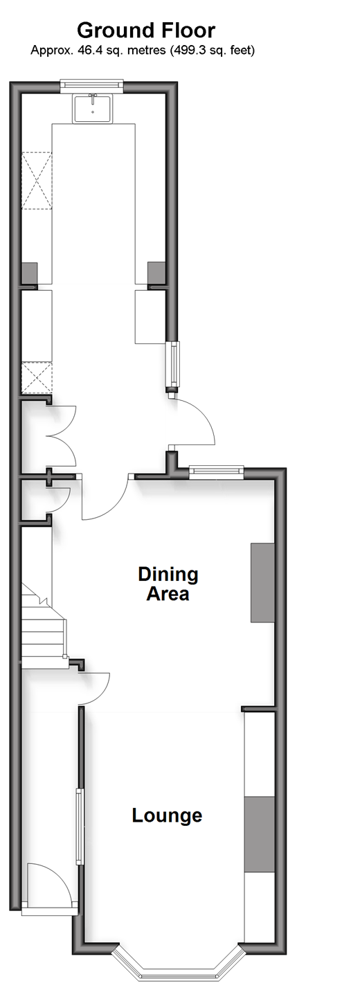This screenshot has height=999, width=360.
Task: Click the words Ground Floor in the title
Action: pyautogui.click(x=146, y=30)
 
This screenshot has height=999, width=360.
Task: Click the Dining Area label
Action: pyautogui.click(x=168, y=584)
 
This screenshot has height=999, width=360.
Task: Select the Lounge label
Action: pyautogui.click(x=167, y=816)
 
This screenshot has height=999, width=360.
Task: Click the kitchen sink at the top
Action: pyautogui.click(x=92, y=108)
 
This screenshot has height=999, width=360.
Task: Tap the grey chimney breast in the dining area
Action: pyautogui.click(x=262, y=582)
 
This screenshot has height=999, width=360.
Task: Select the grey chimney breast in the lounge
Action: pyautogui.click(x=259, y=834)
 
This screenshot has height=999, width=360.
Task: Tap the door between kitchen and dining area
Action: pyautogui.click(x=105, y=497)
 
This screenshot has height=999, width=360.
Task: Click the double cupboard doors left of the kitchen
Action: pyautogui.click(x=62, y=435)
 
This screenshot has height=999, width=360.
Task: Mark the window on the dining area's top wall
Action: pyautogui.click(x=217, y=472)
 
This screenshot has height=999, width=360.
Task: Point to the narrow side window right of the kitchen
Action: pyautogui.click(x=172, y=364)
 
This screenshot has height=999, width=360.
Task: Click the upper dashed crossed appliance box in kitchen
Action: pyautogui.click(x=37, y=181)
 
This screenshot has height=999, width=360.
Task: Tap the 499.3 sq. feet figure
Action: pyautogui.click(x=212, y=51)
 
